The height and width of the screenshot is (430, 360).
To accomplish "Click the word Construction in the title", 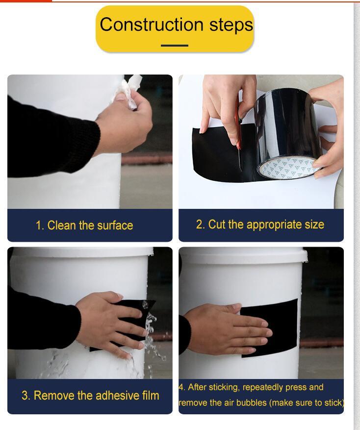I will click(140, 25).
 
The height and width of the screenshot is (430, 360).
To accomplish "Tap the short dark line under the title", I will click(175, 46).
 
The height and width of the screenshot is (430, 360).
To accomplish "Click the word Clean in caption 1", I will click(62, 226).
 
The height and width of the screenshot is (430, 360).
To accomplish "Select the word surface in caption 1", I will click(114, 226).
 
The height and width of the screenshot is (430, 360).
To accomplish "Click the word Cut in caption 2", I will click(216, 225).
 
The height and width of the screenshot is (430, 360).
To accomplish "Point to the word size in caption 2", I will click(312, 225).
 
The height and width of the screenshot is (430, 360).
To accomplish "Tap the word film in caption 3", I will click(149, 395).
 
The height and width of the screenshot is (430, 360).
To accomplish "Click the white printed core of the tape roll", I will click(284, 168).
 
